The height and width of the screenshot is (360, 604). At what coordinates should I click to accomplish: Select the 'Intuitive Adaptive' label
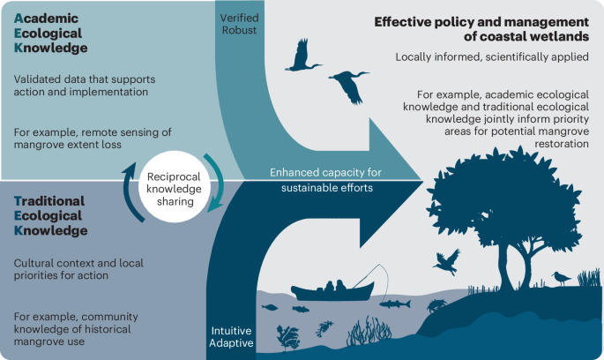pyautogui.click(x=232, y=336)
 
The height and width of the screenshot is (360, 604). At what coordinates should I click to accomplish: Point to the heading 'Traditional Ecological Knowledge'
pyautogui.click(x=50, y=215)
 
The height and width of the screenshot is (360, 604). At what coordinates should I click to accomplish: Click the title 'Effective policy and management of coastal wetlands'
pyautogui.click(x=481, y=29)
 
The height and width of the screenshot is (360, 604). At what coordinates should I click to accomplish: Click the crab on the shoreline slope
pyautogui.click(x=436, y=305)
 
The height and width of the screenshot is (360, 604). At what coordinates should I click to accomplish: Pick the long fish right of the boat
pyautogui.click(x=394, y=303)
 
